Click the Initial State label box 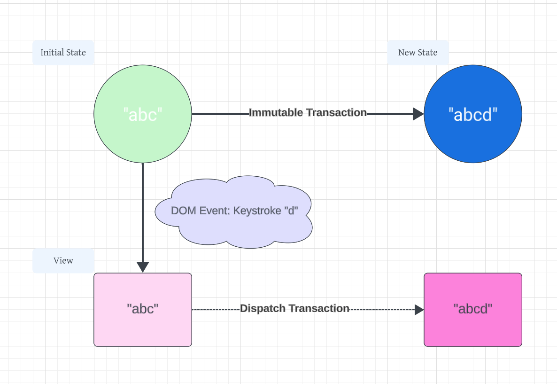coord(63,53)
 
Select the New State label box coord(418,53)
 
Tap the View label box coord(63,261)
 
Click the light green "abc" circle coord(143,136)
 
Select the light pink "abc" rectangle coord(143,329)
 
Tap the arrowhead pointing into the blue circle coord(418,114)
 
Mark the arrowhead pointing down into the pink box coord(143,267)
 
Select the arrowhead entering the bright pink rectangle coord(419,309)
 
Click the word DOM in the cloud coord(181,210)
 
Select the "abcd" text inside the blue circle coord(472,114)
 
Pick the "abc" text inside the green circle coord(143,114)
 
